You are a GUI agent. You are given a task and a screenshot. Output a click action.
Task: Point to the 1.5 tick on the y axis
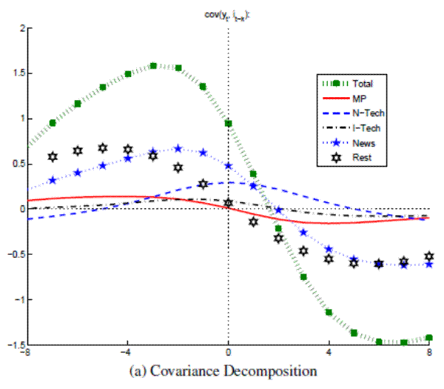(x=17, y=73)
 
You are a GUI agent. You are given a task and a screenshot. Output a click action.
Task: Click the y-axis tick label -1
(x=18, y=300)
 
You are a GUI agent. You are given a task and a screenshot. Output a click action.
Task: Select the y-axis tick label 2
(x=21, y=28)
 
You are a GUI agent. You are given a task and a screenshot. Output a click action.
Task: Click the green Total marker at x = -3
(x=153, y=66)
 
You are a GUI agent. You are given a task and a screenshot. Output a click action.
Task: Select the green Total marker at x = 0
(x=229, y=123)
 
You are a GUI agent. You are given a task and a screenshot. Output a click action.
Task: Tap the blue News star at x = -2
(x=178, y=149)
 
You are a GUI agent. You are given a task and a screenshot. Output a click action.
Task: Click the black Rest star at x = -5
(x=103, y=149)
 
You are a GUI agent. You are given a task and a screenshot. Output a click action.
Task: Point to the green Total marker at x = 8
(x=429, y=338)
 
